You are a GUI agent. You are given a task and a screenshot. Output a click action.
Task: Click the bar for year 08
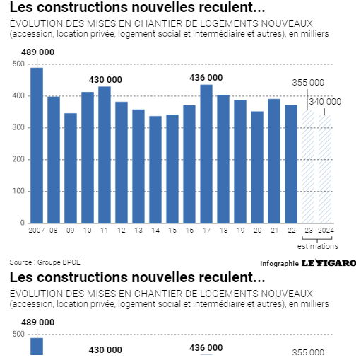(x=54, y=160)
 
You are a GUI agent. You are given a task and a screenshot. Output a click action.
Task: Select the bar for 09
(x=71, y=168)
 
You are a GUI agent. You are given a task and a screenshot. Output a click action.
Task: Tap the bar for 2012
(x=122, y=163)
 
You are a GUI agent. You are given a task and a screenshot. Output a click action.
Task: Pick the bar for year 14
(x=155, y=170)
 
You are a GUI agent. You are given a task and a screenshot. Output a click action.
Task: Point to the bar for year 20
(x=257, y=167)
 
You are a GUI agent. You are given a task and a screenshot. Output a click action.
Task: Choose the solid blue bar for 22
(x=291, y=164)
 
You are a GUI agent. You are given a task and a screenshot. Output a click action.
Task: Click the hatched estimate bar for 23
(x=308, y=167)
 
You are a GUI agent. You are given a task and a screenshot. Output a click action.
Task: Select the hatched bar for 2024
(x=325, y=169)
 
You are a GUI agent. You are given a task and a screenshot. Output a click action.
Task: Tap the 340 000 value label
(x=325, y=102)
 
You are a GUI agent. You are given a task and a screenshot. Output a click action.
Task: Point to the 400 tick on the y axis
(x=18, y=95)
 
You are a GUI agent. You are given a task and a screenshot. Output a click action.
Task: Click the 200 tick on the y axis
(x=18, y=159)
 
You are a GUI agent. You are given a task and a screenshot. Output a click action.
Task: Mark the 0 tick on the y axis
(x=23, y=223)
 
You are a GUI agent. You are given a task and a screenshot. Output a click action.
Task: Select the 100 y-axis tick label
(x=18, y=191)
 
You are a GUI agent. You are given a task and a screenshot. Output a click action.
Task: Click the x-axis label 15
(x=172, y=230)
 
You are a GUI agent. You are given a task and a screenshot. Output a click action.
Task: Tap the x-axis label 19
(x=240, y=230)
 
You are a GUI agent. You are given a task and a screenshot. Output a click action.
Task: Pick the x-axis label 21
(x=274, y=230)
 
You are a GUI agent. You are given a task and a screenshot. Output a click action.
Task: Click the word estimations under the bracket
(x=317, y=246)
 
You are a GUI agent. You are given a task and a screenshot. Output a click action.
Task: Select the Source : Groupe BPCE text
(x=45, y=262)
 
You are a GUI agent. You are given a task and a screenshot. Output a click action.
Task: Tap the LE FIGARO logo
(x=329, y=262)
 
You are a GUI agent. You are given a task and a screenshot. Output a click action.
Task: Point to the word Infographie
(x=279, y=264)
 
